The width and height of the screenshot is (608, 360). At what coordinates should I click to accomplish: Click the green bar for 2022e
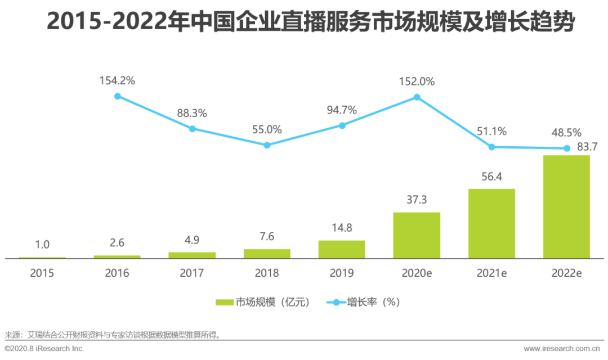[566, 207]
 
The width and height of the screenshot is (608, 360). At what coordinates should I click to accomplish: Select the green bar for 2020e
[417, 235]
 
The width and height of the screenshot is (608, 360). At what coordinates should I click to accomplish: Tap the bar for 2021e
[491, 223]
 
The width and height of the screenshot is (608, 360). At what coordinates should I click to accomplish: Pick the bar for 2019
[342, 249]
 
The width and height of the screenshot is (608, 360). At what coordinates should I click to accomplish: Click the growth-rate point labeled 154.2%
[118, 96]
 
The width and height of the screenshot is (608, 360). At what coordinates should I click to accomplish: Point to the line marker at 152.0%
[417, 97]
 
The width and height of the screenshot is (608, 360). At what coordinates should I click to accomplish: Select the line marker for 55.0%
[267, 145]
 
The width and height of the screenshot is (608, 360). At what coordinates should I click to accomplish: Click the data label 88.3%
[192, 113]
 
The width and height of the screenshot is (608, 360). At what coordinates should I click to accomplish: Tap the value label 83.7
[575, 147]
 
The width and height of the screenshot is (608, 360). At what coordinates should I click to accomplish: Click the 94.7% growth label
[342, 110]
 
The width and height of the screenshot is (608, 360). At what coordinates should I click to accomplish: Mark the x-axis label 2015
[42, 273]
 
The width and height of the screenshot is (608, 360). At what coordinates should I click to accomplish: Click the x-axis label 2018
[267, 273]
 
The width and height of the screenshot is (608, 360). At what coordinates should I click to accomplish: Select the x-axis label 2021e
[491, 273]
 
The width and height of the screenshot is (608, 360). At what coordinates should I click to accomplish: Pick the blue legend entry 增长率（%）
[363, 302]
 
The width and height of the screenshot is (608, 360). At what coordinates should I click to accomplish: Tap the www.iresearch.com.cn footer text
[563, 349]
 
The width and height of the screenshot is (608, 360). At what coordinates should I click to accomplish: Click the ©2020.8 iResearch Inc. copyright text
[44, 349]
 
